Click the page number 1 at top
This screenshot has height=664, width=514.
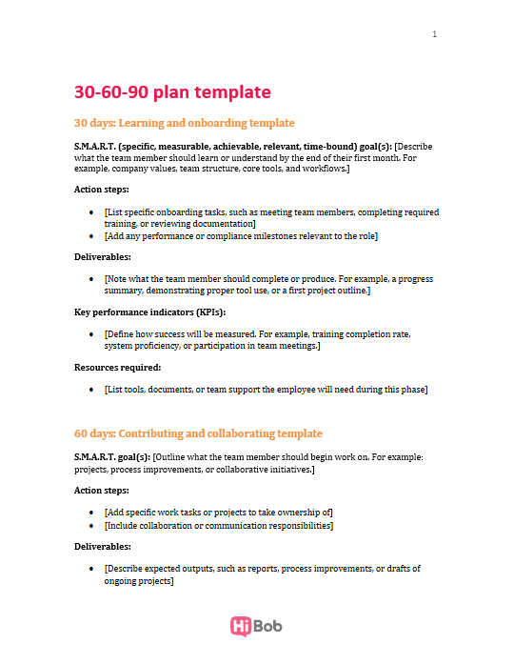point(435,34)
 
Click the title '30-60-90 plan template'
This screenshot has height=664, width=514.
point(172,92)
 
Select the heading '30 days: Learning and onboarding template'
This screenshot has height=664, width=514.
point(185,123)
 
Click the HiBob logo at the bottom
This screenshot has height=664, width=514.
point(256,626)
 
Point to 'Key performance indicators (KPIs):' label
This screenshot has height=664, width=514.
point(149,312)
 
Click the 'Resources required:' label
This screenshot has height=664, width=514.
point(118,367)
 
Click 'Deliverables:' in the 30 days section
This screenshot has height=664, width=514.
point(102,257)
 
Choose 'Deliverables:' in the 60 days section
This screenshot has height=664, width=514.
point(102,546)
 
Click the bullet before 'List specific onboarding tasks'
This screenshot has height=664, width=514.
point(91,212)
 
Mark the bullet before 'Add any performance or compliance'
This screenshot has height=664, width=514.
point(91,235)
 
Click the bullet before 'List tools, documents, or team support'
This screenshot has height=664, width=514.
point(91,390)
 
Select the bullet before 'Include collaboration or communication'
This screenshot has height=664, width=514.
point(91,525)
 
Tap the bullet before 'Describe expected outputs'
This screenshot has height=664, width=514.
point(91,569)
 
